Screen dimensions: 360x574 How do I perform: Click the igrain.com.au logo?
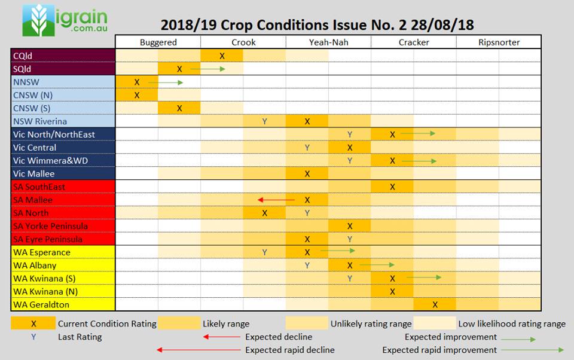point(65,20)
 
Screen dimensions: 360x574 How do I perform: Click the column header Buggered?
point(158,42)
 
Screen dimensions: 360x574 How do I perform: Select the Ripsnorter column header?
point(499,42)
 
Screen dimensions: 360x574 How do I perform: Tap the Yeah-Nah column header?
point(328,42)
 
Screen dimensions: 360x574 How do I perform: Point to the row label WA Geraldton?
point(41,304)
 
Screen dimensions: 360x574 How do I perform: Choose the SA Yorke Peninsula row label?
point(51,226)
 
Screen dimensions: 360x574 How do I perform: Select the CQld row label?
point(24,56)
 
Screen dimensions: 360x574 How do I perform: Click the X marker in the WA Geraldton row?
point(435,304)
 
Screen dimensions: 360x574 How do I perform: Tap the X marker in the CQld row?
point(222,56)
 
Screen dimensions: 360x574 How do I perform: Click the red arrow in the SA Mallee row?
point(276,200)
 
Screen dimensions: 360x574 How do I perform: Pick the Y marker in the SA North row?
point(307,213)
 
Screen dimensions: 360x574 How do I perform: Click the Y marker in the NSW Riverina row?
point(264,121)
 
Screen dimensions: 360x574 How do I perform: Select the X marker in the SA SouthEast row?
point(392,187)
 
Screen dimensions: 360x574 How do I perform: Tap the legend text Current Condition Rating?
point(107,324)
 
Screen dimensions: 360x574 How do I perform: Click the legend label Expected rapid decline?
point(289,350)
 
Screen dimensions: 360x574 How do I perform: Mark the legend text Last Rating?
point(80,337)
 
